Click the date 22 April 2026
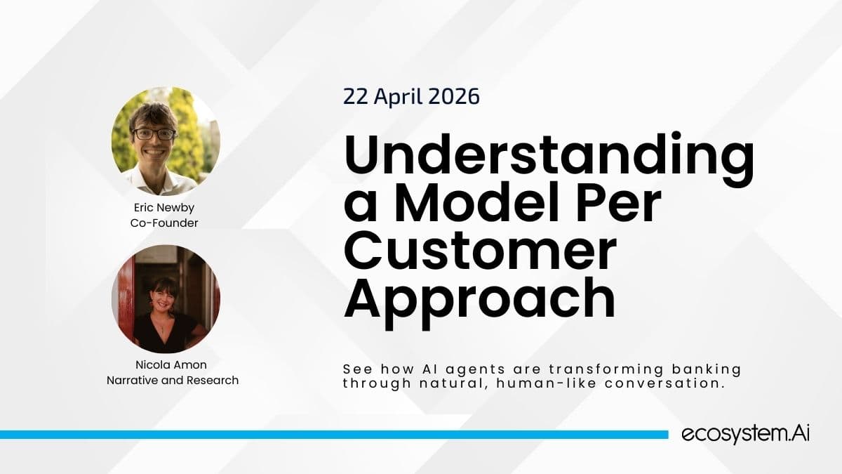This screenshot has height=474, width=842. [411, 96]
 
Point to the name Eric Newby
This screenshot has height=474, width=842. [165, 209]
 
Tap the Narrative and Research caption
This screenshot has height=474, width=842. [173, 381]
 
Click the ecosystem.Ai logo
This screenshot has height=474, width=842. [746, 435]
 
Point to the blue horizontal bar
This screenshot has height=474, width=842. [333, 435]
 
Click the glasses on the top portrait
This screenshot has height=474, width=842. [154, 133]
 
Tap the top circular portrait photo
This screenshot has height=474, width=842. [166, 141]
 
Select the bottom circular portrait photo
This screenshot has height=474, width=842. [166, 299]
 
